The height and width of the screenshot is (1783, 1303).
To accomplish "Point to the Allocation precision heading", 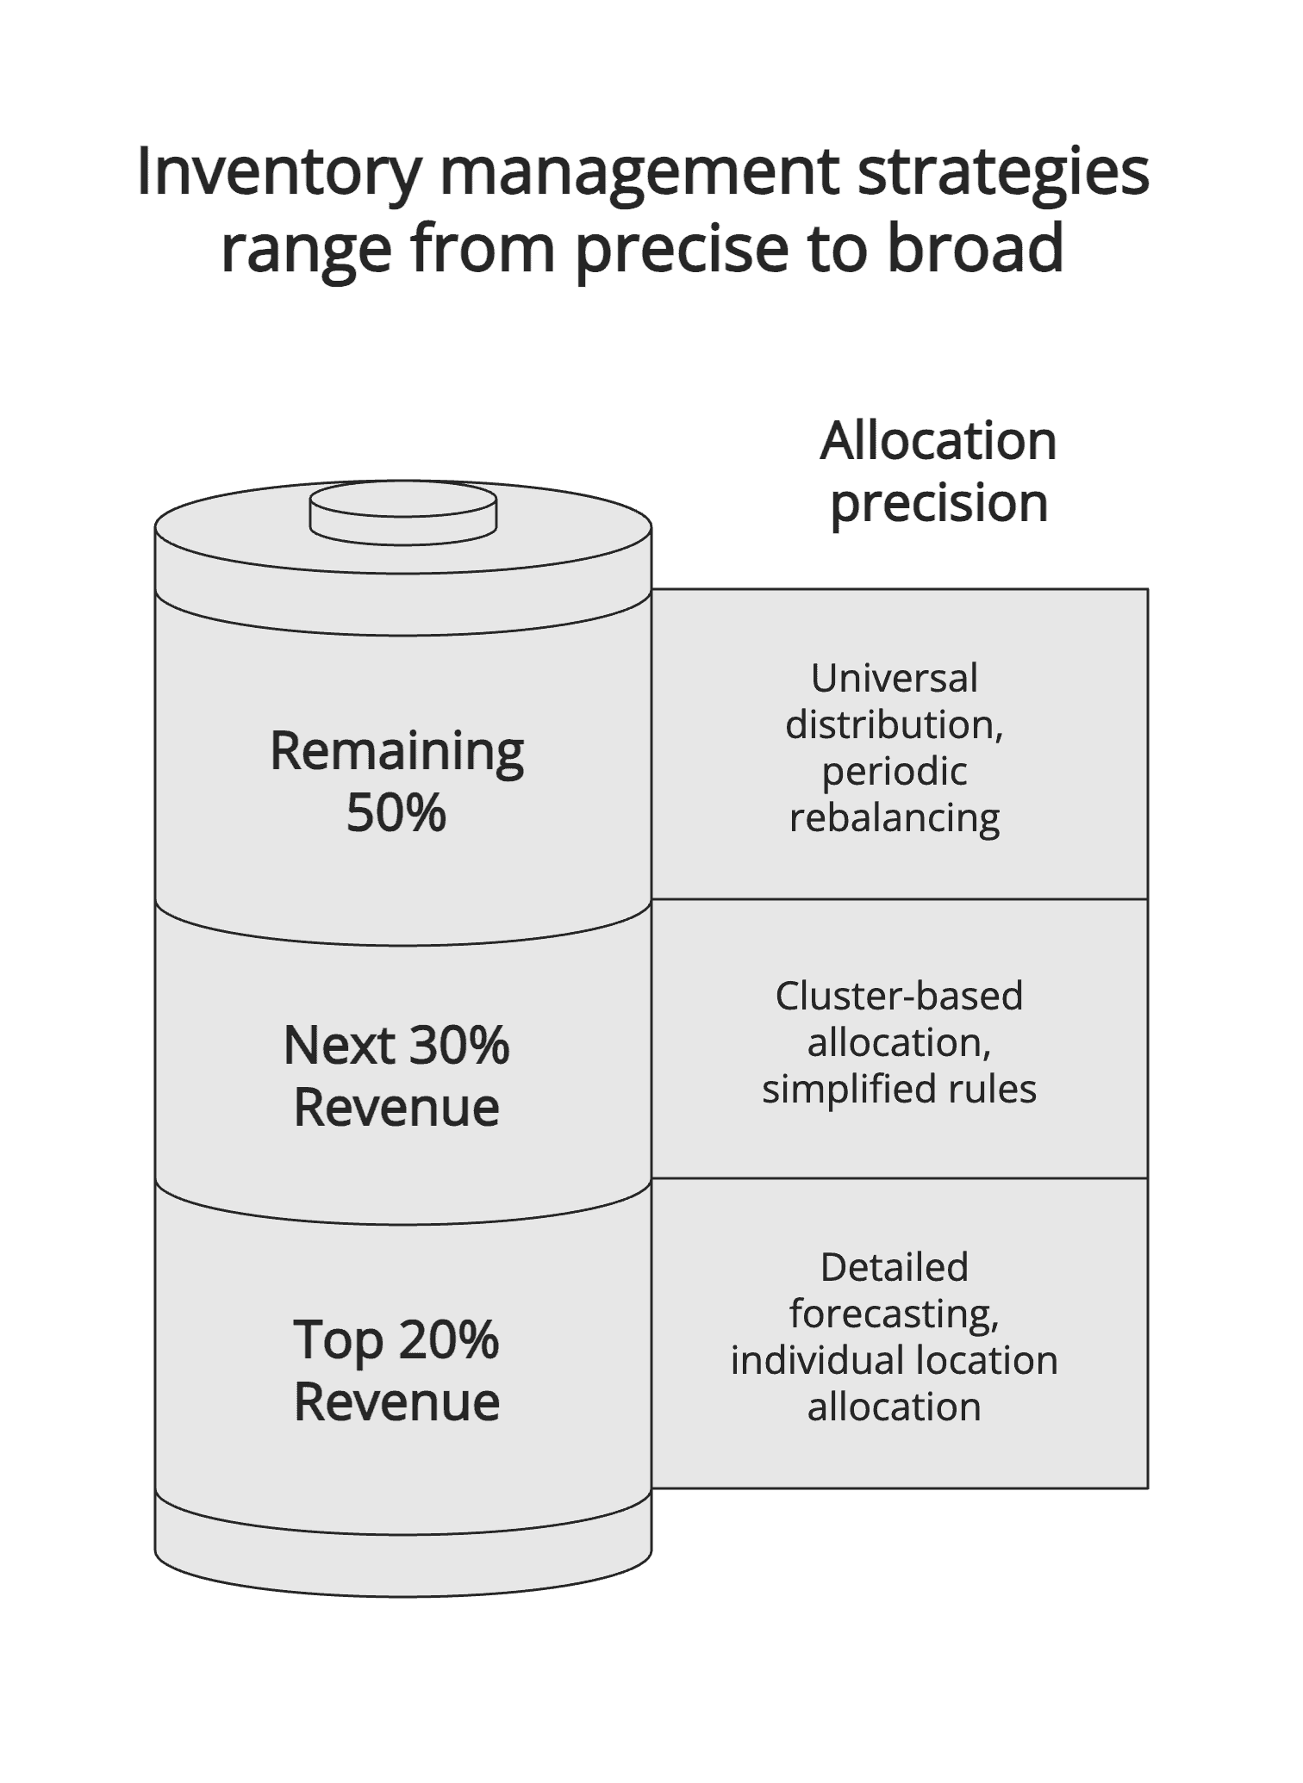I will click(x=938, y=471).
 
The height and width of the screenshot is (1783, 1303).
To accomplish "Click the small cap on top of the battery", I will click(x=402, y=514).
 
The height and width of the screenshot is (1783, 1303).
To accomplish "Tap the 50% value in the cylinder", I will click(x=396, y=811).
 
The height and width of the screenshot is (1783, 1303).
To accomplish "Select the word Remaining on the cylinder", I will click(x=396, y=750).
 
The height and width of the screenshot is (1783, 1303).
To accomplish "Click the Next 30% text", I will click(x=396, y=1045).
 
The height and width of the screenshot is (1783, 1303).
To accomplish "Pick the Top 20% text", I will click(x=396, y=1340).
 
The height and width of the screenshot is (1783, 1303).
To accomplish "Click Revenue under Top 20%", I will click(x=396, y=1402).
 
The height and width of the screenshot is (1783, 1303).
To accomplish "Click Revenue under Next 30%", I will click(x=396, y=1108).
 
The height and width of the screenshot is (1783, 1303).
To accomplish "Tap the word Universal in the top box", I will click(x=894, y=679).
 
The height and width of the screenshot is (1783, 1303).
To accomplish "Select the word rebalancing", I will click(x=894, y=817).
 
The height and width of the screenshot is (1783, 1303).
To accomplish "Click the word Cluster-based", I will click(x=899, y=997).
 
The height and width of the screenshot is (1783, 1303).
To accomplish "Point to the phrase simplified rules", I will click(x=899, y=1089).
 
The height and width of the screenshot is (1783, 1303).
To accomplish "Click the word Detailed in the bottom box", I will click(x=894, y=1268).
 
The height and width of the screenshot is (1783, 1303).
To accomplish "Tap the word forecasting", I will click(x=894, y=1314).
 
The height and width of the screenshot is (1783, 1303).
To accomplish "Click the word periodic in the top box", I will click(x=894, y=771).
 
